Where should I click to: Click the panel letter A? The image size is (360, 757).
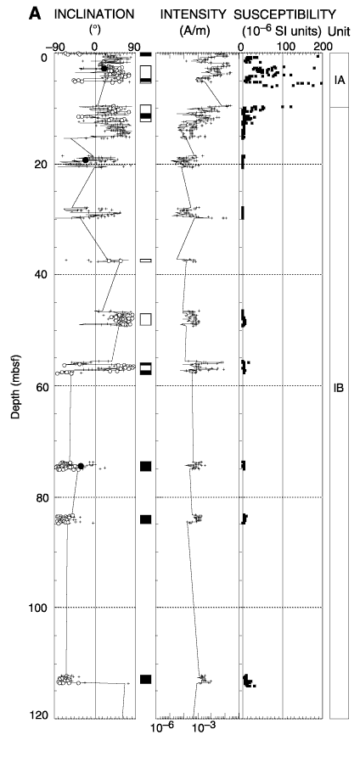click(35, 14)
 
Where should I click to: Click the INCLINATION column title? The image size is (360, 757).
click(93, 14)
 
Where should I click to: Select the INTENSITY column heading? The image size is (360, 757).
click(194, 14)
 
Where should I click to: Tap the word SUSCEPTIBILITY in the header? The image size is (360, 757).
click(284, 14)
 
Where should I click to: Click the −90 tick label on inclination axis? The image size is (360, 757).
click(54, 47)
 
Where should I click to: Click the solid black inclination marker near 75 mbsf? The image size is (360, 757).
click(81, 466)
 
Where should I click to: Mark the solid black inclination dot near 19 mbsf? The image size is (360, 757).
click(86, 160)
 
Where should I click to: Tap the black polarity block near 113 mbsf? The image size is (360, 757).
click(145, 679)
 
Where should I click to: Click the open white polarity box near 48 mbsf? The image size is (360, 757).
click(145, 319)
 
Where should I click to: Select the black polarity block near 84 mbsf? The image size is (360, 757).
click(145, 519)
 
